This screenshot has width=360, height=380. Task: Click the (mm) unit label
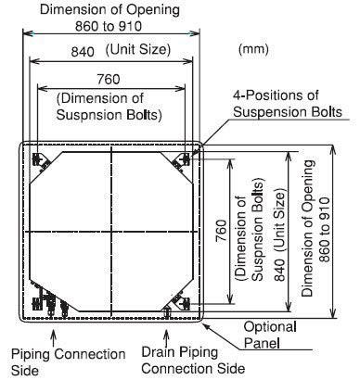[253, 49]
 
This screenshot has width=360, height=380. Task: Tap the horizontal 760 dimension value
[109, 80]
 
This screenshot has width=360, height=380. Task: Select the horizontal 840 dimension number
[83, 52]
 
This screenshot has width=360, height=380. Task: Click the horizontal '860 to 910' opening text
[109, 27]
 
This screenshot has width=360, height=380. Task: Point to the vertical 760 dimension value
[221, 231]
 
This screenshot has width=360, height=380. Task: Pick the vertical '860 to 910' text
[324, 230]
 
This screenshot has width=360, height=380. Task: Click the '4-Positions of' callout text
[276, 95]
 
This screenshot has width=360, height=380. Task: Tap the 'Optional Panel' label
[270, 335]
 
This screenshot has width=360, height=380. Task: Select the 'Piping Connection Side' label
[68, 362]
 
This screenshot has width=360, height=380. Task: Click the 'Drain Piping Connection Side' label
[193, 361]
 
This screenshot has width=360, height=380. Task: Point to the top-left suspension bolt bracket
[40, 160]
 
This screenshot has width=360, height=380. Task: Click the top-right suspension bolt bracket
[182, 160]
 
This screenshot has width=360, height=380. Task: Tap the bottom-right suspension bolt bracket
[181, 302]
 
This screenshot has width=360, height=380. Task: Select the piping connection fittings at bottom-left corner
[49, 299]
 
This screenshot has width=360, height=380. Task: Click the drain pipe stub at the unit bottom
[167, 311]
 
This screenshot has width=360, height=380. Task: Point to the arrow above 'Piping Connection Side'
[54, 338]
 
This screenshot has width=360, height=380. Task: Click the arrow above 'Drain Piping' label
[167, 338]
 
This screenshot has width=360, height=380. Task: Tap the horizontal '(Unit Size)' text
[138, 49]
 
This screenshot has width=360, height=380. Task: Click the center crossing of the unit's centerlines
[111, 232]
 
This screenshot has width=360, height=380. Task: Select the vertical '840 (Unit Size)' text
[279, 236]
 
